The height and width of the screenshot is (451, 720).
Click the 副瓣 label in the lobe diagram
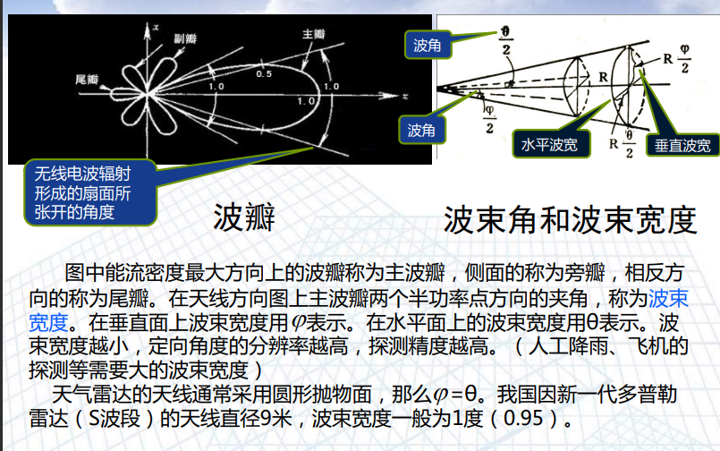coord(185,38)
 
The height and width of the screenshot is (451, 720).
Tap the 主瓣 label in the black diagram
coord(314,34)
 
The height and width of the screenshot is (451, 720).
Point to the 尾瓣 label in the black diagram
coord(87,80)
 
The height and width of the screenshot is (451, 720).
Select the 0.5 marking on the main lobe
coord(264,74)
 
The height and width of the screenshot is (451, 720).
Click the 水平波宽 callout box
coord(550,145)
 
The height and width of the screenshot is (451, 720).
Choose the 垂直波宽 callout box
coord(682,146)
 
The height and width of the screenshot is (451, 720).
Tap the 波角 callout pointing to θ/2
coord(428,45)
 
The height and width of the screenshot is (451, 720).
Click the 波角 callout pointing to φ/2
coord(421,130)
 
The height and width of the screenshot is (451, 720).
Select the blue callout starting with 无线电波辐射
coord(90,193)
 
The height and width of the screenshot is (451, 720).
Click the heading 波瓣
coord(244,217)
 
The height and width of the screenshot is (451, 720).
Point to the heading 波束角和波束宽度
coord(570,220)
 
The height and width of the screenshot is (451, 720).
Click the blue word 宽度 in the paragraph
coord(48,322)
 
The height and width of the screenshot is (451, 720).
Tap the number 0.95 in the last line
coord(523,418)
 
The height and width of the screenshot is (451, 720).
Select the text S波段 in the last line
coord(114,419)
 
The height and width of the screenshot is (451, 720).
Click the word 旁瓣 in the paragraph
coord(585,273)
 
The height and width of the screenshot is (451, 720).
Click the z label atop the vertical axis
coord(157,28)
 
